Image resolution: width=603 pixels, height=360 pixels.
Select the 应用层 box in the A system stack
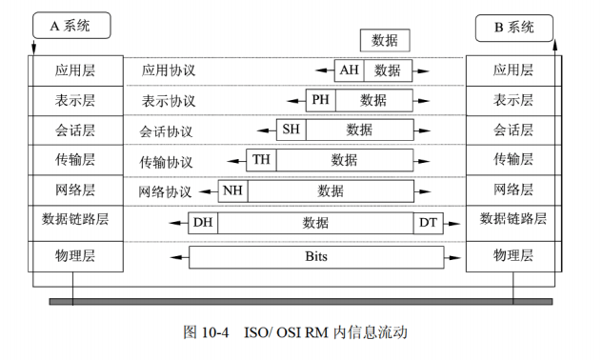[76, 70]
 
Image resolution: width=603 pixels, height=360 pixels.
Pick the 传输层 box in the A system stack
[76, 159]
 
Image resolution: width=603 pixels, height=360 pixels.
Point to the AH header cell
[350, 70]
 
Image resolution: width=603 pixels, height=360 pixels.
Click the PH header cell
[319, 100]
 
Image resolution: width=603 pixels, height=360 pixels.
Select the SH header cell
[291, 130]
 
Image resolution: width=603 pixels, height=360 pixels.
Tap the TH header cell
[260, 160]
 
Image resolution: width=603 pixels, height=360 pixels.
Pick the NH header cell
[232, 190]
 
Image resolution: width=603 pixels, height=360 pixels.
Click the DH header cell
[203, 223]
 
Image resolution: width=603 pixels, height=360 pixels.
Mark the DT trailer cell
[428, 223]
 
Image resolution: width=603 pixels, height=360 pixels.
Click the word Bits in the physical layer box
[316, 256]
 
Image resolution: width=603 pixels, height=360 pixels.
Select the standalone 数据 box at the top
[385, 40]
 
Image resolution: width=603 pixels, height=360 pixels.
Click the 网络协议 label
[165, 191]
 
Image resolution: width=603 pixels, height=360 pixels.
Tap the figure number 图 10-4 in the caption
[209, 332]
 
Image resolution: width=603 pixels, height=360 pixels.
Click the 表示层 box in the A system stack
[76, 99]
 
